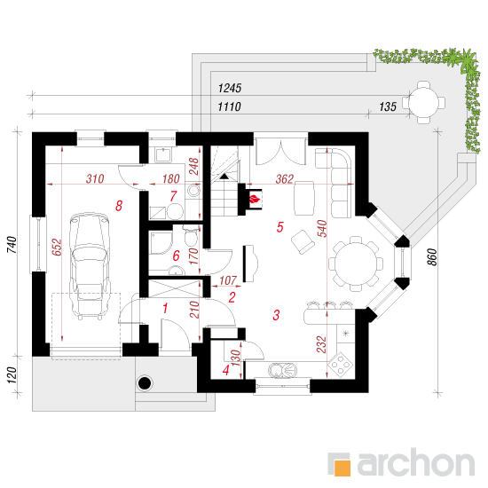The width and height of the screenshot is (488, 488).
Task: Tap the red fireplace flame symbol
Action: pyautogui.click(x=255, y=199)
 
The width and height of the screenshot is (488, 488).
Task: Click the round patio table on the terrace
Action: pyautogui.click(x=423, y=102)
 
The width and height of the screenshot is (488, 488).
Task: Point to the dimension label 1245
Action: pyautogui.click(x=230, y=89)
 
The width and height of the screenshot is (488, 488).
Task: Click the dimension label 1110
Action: pyautogui.click(x=230, y=107)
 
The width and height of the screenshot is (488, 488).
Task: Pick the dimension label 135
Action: pyautogui.click(x=388, y=106)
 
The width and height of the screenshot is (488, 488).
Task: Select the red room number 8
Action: pyautogui.click(x=119, y=206)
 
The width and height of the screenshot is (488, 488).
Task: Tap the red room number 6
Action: pyautogui.click(x=177, y=256)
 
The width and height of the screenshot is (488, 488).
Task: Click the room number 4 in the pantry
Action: pyautogui.click(x=226, y=370)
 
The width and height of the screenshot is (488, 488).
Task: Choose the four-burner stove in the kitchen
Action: pyautogui.click(x=340, y=363)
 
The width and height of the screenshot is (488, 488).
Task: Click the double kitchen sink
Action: pyautogui.click(x=282, y=370)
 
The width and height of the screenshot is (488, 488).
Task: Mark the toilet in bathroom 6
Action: pyautogui.click(x=191, y=237)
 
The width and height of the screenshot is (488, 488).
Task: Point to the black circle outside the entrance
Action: pyautogui.click(x=145, y=382)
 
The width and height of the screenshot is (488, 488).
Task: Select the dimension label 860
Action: pyautogui.click(x=433, y=257)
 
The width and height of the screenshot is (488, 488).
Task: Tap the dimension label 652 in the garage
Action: pyautogui.click(x=57, y=248)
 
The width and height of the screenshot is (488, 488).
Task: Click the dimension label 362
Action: pyautogui.click(x=285, y=179)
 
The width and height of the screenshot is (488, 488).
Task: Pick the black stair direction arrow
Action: pyautogui.click(x=224, y=177)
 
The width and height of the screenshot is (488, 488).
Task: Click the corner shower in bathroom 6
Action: pyautogui.click(x=161, y=242)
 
